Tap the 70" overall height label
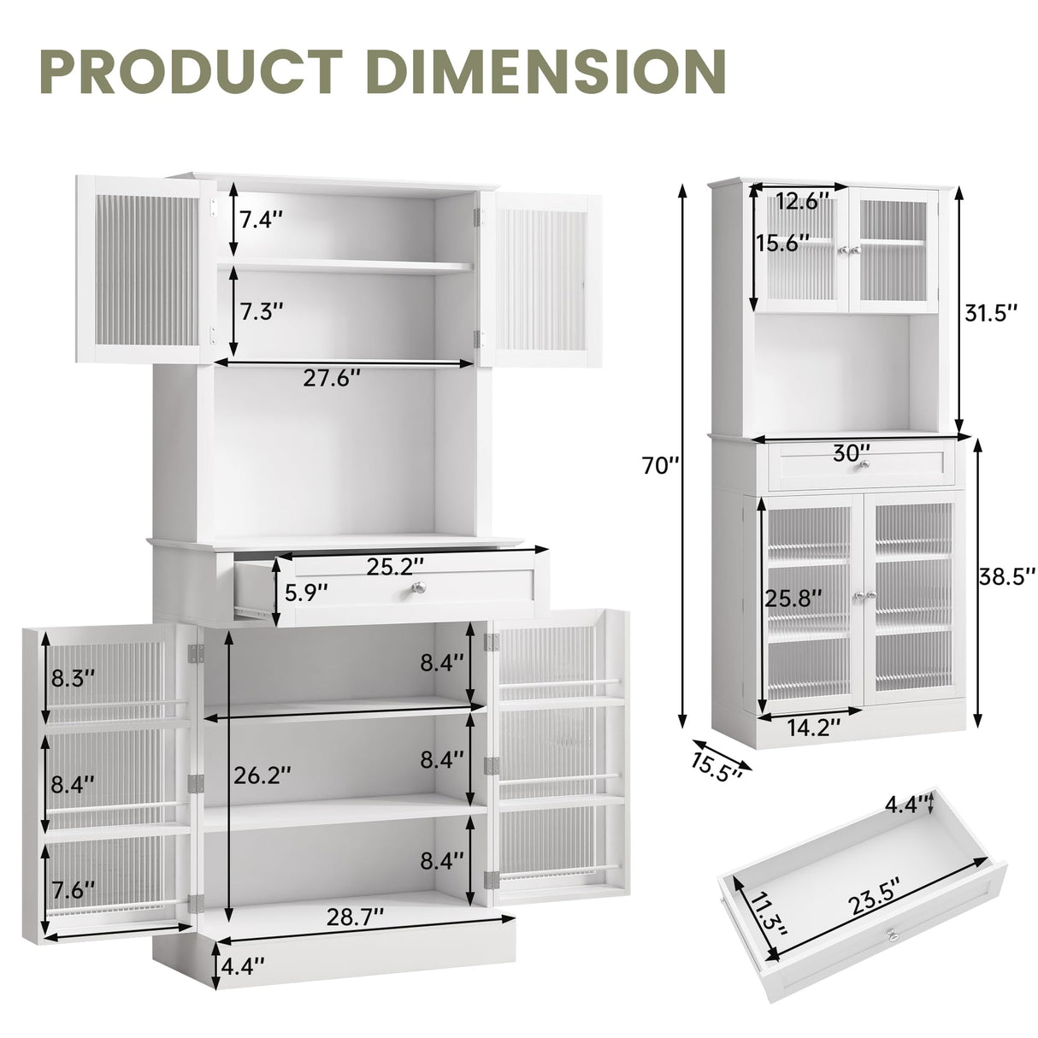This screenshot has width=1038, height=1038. pos(663,467)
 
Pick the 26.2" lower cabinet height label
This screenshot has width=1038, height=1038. pos(262,776)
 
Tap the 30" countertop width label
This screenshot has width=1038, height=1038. pos(852,453)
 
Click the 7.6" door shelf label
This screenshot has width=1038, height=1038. pos(73,888)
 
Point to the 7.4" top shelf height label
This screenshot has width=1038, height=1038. pos(260,220)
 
